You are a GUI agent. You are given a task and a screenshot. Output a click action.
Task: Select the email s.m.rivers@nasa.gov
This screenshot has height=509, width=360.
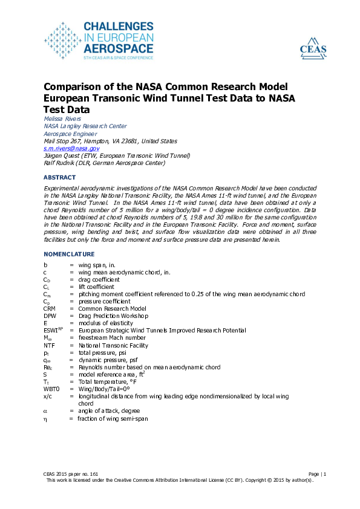pyautogui.click(x=71, y=148)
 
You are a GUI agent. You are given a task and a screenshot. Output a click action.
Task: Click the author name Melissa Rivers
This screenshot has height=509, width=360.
pyautogui.click(x=63, y=119)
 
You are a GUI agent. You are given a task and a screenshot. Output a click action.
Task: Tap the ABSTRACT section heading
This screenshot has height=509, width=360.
pyautogui.click(x=60, y=178)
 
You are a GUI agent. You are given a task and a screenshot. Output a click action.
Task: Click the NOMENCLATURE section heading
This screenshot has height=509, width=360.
pyautogui.click(x=69, y=254)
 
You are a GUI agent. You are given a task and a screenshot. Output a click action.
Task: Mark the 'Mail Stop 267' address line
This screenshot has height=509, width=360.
pyautogui.click(x=110, y=141)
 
